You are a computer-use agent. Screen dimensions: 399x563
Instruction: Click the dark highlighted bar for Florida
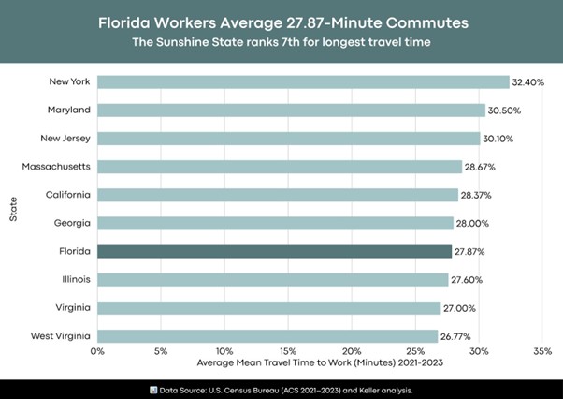tap(275, 252)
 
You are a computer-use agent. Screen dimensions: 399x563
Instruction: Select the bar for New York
tap(303, 82)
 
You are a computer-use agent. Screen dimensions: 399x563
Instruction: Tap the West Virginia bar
tap(267, 336)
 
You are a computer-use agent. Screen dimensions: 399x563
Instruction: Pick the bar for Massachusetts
tap(279, 167)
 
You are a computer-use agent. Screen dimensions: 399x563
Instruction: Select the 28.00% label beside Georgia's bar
tap(472, 224)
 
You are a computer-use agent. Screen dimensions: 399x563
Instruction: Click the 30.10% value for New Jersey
tap(498, 139)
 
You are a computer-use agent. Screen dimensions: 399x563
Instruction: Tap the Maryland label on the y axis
tap(69, 111)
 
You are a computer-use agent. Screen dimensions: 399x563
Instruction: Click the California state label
tap(68, 195)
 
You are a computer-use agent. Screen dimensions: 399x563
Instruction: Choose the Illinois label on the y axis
tap(76, 279)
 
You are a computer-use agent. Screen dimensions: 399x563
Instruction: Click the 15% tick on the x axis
tap(288, 352)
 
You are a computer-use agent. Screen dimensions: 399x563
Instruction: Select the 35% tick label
tap(542, 352)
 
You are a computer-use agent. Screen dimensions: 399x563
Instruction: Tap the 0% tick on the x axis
tap(97, 352)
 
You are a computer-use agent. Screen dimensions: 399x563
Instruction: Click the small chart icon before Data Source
tap(153, 388)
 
